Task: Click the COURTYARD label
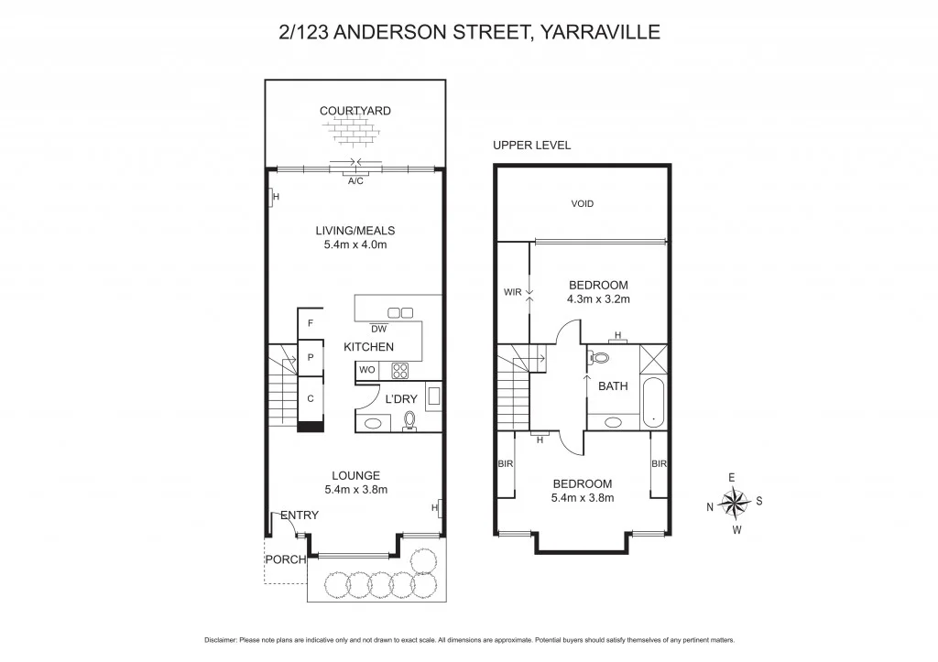354,111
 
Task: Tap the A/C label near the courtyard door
355,181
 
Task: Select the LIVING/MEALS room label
355,231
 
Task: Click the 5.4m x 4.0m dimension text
355,245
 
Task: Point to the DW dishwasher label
377,329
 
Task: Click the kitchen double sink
400,311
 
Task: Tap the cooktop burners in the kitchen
399,370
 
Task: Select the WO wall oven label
366,371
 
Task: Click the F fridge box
311,323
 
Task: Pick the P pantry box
311,358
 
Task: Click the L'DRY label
400,399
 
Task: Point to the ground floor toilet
409,419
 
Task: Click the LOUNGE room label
355,475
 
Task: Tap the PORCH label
284,559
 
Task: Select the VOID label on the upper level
582,203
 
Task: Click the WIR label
512,293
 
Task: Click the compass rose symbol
735,502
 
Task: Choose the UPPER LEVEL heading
531,146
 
